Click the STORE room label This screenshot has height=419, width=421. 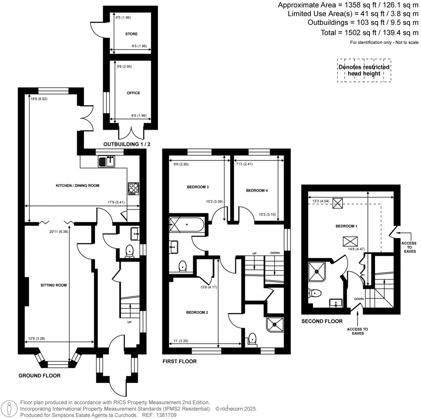(131, 34)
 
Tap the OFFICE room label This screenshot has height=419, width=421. (133, 93)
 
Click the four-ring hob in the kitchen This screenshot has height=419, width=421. (134, 188)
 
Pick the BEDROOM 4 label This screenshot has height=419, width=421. (257, 191)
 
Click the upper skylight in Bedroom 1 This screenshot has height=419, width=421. (338, 203)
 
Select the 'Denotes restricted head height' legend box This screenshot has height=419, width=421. (364, 70)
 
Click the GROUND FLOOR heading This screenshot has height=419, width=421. (40, 376)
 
